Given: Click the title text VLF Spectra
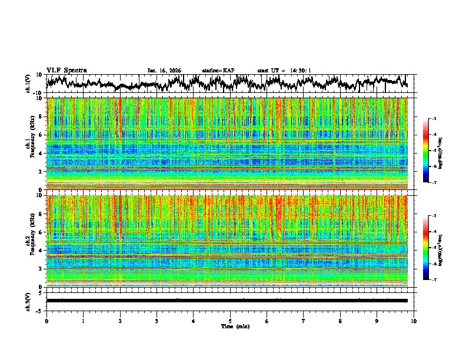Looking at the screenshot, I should [x=66, y=70].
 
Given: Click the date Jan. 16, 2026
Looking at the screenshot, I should [x=164, y=71].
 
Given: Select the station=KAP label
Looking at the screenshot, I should [x=218, y=71].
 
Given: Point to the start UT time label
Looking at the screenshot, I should [x=284, y=71].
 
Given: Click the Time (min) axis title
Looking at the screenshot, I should [x=235, y=326].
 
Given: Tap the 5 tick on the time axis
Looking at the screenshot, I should [x=230, y=321].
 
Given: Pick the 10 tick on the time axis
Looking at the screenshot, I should [x=414, y=321].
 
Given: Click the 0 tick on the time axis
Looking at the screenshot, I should [x=46, y=321].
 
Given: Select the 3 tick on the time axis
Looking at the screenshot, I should [x=157, y=321].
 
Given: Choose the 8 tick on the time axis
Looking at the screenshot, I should [x=340, y=321].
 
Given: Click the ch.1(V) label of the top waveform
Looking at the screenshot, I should [x=28, y=84].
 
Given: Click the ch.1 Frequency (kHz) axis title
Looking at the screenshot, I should [x=29, y=144].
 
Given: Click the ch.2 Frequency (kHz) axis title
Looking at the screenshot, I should [x=29, y=241].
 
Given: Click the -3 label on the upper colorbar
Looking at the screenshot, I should [x=434, y=119].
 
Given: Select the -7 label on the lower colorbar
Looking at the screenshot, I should [x=434, y=280].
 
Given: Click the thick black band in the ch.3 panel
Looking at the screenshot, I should [x=227, y=301].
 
